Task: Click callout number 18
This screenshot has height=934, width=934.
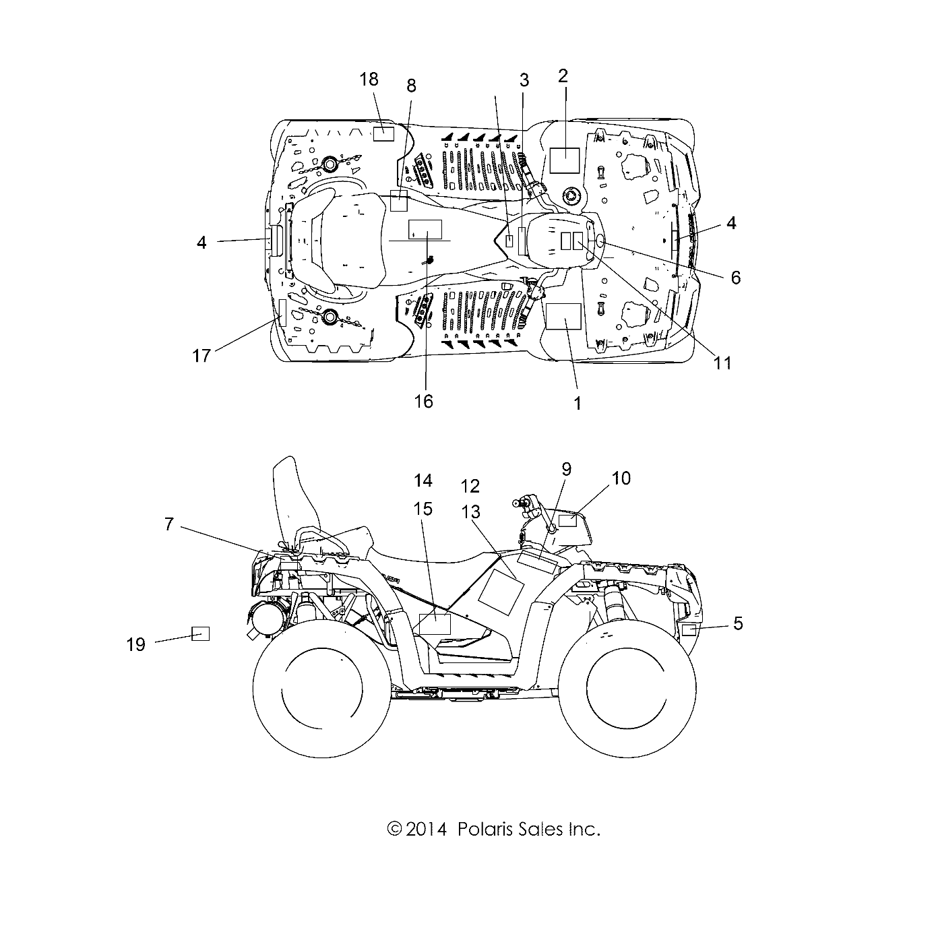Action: point(369,80)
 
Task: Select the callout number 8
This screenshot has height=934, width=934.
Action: point(411,86)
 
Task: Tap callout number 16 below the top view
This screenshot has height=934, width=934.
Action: point(423,402)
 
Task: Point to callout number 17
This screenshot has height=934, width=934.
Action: point(201,356)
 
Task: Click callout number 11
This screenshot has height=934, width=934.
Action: point(722,363)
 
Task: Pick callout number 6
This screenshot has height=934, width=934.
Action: point(736,277)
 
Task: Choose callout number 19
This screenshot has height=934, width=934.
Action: point(136,644)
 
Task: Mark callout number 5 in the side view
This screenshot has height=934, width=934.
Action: point(738,624)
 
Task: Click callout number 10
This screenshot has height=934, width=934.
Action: point(621,478)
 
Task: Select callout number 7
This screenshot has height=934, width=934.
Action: point(169,524)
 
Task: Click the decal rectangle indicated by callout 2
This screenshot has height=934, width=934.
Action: point(565,160)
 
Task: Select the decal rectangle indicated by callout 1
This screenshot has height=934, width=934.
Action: point(563,315)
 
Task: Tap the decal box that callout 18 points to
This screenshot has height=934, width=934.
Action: point(383,132)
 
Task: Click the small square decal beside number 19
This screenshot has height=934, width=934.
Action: point(200,633)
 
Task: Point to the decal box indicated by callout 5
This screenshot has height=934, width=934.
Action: point(688,630)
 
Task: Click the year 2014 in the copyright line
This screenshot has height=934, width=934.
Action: point(427,830)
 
